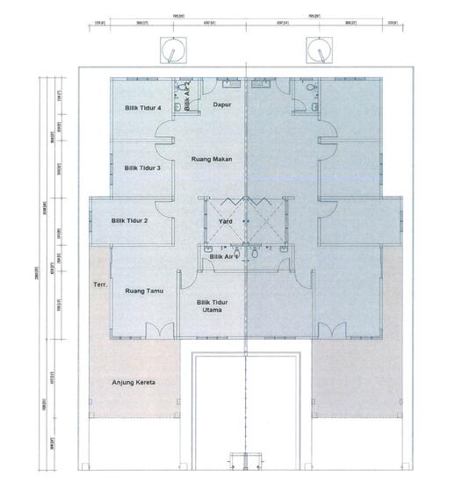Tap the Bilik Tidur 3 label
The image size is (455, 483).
(x=141, y=167)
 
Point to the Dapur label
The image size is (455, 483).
(x=222, y=105)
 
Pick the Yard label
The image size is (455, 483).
(x=225, y=221)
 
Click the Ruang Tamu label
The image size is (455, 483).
(x=143, y=291)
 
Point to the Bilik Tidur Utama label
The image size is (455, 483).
(x=213, y=306)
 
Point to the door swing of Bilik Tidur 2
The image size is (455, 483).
(x=165, y=207)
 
